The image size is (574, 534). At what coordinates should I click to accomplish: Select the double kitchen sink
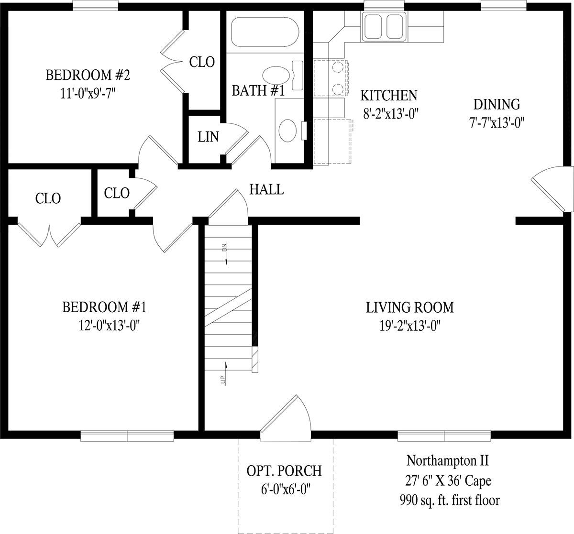(384, 26)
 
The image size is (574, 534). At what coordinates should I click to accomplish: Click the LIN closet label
(208, 137)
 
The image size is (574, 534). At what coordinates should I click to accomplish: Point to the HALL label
(266, 190)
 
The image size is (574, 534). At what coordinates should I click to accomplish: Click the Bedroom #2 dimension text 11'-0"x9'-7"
(88, 93)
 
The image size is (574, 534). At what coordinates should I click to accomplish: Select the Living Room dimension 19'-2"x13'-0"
(410, 326)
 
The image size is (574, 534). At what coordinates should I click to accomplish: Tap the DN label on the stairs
(224, 247)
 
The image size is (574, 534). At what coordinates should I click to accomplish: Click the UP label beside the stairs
(223, 380)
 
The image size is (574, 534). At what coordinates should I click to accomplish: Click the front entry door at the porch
(286, 418)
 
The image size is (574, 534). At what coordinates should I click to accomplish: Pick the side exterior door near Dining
(552, 189)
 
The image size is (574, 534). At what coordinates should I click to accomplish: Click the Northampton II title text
(447, 460)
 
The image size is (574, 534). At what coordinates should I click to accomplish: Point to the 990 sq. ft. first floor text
(450, 500)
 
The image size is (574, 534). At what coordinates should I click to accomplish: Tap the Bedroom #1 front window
(127, 436)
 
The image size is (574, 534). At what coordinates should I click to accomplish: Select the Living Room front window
(444, 436)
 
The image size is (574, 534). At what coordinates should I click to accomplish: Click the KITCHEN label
(389, 95)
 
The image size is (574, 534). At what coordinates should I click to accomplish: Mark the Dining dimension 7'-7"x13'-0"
(497, 122)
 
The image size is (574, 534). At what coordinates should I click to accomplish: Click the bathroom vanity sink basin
(287, 131)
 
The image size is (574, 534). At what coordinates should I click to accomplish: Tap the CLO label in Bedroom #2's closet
(202, 62)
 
